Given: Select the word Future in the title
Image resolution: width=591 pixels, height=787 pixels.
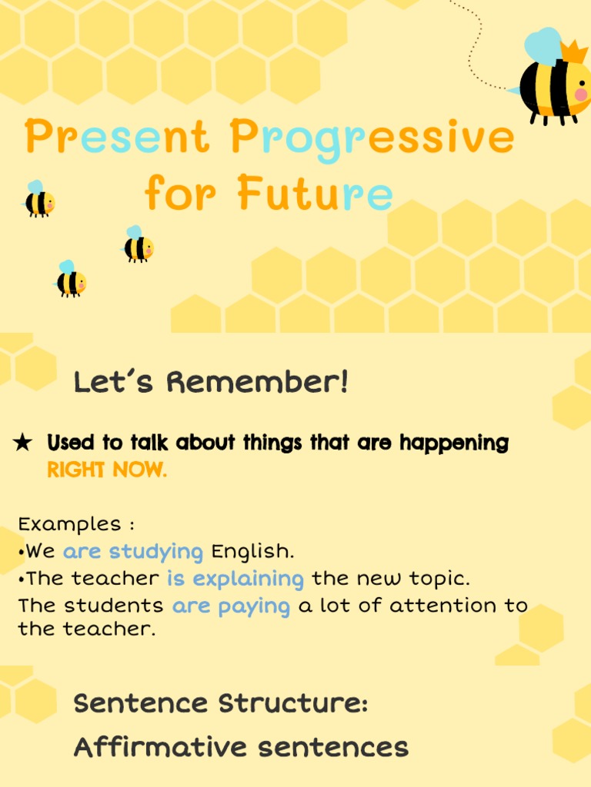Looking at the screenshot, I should [x=315, y=193].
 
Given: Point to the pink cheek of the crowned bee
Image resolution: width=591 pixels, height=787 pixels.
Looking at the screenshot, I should [x=581, y=95].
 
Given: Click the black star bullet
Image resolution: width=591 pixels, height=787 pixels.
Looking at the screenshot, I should [x=23, y=443].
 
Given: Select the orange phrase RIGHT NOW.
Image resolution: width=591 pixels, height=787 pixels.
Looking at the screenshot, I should [x=106, y=470].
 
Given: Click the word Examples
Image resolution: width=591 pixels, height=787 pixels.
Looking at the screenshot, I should [x=70, y=524].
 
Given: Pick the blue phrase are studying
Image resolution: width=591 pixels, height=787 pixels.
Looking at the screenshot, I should [x=133, y=551].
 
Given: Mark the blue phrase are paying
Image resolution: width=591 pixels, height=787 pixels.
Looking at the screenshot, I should [x=231, y=606].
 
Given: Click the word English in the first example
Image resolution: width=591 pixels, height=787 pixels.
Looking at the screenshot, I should [x=252, y=551].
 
